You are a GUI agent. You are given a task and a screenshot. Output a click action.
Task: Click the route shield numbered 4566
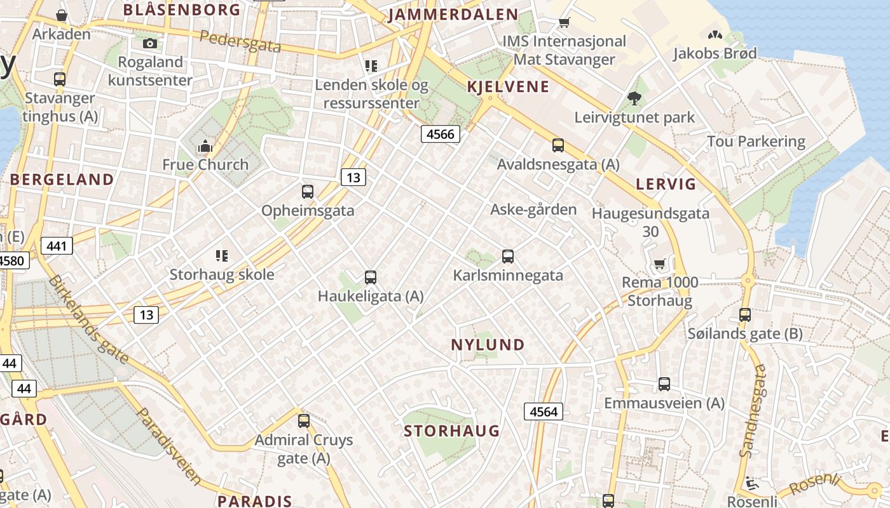point(440,134)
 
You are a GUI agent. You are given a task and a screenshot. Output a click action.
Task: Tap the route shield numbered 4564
point(544,411)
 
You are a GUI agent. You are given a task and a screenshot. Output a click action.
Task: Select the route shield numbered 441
point(57,246)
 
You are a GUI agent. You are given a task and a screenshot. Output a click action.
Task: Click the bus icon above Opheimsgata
point(308,191)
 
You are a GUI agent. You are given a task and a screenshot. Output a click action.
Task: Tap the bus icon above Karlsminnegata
point(508,257)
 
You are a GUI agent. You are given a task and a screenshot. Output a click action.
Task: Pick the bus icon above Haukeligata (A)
point(371,277)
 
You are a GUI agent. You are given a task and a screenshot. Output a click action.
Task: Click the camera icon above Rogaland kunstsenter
point(150,43)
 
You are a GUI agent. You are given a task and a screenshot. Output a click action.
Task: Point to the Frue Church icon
point(205,147)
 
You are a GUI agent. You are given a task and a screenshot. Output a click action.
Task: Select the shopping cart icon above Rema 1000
point(659,264)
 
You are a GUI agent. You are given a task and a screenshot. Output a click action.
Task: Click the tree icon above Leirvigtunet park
point(634,98)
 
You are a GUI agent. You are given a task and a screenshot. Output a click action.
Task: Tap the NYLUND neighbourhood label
point(488,345)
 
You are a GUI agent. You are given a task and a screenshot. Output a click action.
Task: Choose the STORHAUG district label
point(451,431)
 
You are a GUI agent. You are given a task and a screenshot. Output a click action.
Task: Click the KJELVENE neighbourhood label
point(507,87)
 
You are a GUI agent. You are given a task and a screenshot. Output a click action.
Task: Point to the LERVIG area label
point(666,184)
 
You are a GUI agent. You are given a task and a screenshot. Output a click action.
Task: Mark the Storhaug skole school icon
point(222,256)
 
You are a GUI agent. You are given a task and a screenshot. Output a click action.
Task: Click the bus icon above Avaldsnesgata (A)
point(558,145)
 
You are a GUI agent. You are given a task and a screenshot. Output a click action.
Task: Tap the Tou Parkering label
point(756,141)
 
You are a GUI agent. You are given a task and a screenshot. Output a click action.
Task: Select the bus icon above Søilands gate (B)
point(745,314)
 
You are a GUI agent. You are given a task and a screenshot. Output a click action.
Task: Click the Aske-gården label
point(533,210)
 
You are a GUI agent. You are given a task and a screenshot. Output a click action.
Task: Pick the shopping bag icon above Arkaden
point(62,15)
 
